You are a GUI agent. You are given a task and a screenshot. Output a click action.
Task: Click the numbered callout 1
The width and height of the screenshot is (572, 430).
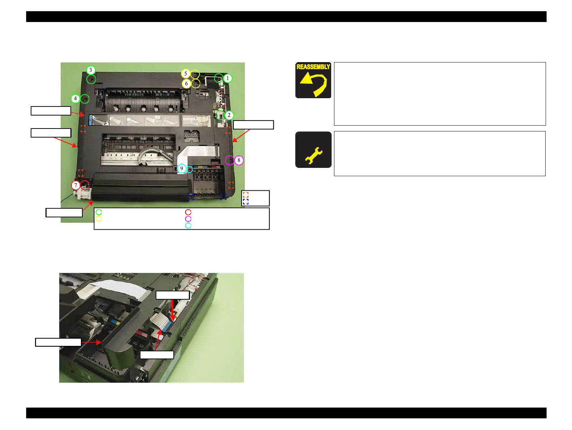227,78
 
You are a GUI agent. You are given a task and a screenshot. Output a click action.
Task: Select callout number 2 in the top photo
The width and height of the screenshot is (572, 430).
229,115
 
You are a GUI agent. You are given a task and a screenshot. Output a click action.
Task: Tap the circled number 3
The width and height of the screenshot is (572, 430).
91,70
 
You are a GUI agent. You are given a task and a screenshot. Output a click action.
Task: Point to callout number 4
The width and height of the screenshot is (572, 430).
75,98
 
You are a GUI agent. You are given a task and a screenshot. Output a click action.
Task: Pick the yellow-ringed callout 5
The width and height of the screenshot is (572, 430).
186,74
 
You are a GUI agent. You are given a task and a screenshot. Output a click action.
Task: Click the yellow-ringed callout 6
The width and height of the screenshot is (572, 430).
186,84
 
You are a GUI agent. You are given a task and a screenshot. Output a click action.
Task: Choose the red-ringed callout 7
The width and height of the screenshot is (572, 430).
75,186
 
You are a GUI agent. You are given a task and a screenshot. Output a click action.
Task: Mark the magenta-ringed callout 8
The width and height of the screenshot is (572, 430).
239,160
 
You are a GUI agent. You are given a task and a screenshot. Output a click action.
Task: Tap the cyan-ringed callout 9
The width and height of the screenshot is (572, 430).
182,168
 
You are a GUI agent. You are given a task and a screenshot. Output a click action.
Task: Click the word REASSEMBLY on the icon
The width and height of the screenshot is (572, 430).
313,67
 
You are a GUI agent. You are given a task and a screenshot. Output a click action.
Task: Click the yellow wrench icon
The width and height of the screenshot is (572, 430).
313,155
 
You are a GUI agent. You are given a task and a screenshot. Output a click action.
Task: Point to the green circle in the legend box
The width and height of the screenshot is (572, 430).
99,212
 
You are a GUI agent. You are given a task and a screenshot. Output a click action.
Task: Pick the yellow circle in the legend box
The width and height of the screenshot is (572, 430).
99,219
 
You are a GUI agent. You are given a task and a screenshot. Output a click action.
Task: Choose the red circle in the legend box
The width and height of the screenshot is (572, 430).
188,212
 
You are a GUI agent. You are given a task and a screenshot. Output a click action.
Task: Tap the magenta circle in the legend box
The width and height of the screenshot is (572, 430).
188,219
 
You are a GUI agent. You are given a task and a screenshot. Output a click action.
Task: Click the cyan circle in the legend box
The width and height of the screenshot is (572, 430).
188,225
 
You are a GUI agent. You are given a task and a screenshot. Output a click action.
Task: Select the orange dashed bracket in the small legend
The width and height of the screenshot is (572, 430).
246,195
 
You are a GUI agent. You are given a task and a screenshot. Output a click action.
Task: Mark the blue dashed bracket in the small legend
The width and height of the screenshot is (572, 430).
246,201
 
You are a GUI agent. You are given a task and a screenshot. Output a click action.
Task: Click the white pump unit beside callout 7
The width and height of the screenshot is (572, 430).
82,195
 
